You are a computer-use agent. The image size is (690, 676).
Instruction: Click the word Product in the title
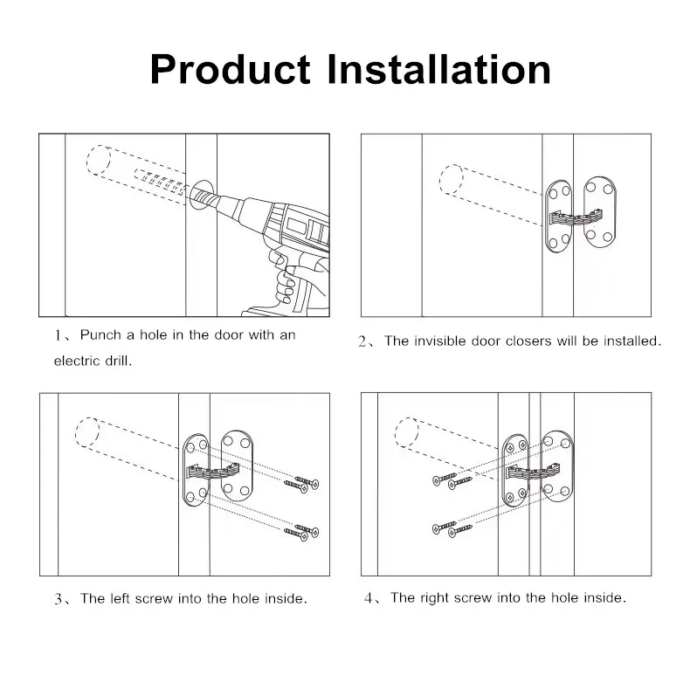tap(230, 70)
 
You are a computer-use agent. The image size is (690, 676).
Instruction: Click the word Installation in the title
tap(438, 70)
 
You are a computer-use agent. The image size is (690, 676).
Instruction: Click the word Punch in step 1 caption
tap(100, 335)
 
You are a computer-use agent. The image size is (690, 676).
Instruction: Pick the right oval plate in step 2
tap(599, 210)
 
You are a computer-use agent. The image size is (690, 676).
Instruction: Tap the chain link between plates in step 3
tap(213, 473)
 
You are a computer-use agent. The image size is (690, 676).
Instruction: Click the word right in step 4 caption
tap(435, 598)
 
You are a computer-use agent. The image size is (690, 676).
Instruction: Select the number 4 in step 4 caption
tap(369, 599)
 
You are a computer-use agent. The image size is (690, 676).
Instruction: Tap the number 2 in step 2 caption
tap(364, 342)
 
